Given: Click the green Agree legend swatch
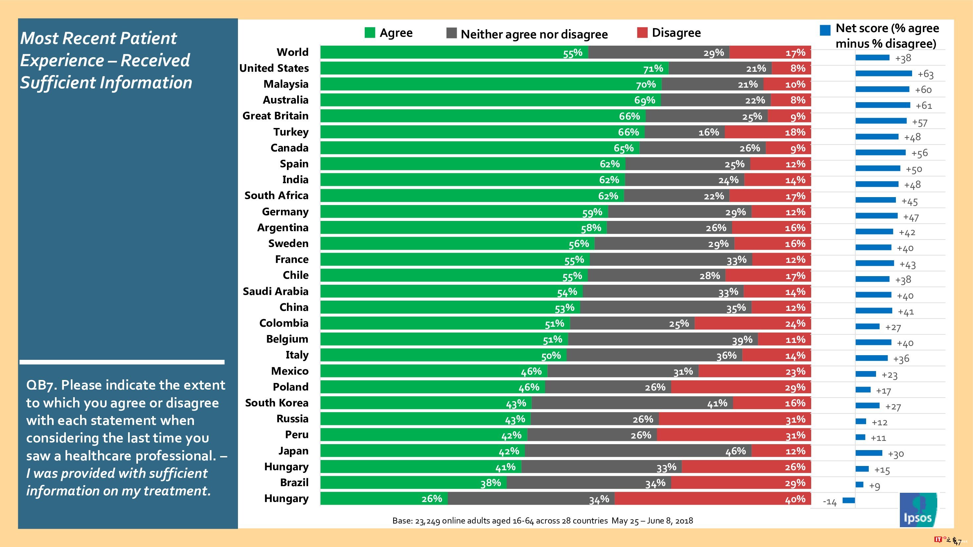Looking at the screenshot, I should click(x=370, y=33).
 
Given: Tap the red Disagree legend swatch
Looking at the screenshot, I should click(x=642, y=33).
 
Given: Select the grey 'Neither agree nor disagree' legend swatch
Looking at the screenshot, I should click(x=451, y=33).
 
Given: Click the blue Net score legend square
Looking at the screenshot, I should click(x=825, y=30).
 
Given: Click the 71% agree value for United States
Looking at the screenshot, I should click(x=653, y=69).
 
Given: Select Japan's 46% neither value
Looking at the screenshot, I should click(x=735, y=451).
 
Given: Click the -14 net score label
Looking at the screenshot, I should click(x=829, y=502).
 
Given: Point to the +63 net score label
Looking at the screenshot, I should click(x=925, y=74).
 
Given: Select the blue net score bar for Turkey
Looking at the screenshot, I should click(x=877, y=137).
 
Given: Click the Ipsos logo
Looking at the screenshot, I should click(x=918, y=510).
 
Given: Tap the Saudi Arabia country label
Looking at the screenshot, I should click(x=275, y=291).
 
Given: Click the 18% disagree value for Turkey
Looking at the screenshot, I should click(x=795, y=133).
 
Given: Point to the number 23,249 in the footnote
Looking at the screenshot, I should click(x=427, y=521).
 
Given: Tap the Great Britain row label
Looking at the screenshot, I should click(x=275, y=116).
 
